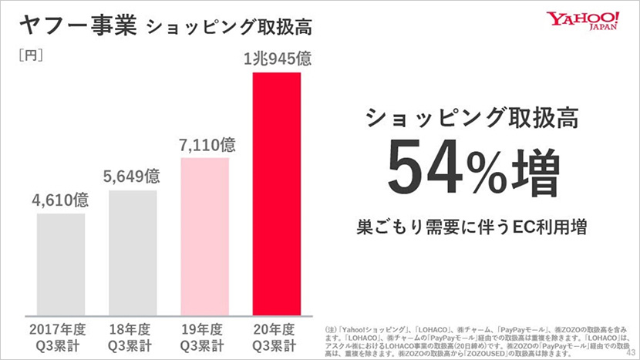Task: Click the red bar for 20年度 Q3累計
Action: tap(277, 193)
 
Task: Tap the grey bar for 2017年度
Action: tap(61, 263)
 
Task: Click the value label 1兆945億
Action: tap(277, 58)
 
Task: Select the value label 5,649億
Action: tap(133, 176)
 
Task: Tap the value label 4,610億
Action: tap(61, 200)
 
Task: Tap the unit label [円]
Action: tap(30, 55)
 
